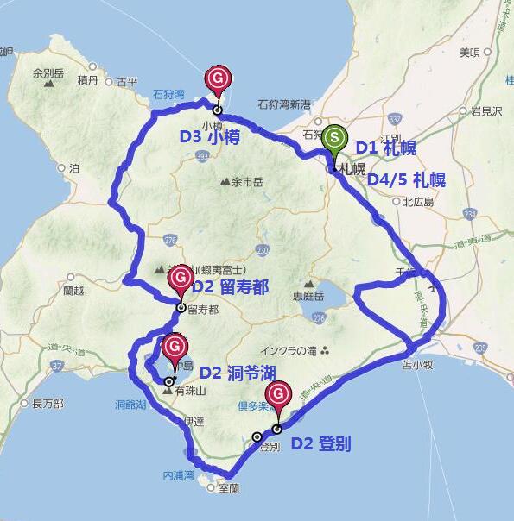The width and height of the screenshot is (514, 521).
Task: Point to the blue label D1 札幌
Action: (386, 148)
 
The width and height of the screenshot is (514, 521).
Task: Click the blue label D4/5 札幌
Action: (406, 179)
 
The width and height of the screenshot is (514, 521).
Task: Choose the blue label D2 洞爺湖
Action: (237, 373)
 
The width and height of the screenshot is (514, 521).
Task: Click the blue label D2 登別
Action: (320, 445)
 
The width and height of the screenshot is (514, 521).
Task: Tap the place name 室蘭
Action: (229, 488)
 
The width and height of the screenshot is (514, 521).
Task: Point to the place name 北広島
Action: (418, 202)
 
